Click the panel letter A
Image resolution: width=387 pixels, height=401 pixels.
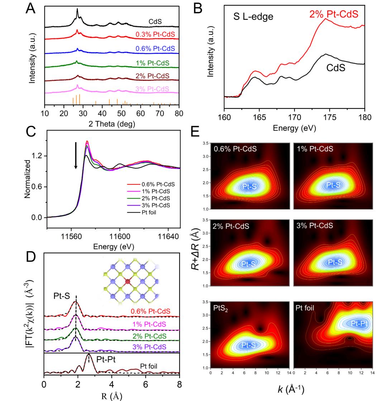[x=31, y=9]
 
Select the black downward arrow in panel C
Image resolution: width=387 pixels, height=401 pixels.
[x=76, y=155]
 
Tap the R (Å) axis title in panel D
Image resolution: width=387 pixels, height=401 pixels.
[x=112, y=396]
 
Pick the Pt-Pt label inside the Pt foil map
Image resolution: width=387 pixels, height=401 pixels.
[x=359, y=323]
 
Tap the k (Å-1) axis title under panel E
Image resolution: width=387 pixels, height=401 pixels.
[x=292, y=390]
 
